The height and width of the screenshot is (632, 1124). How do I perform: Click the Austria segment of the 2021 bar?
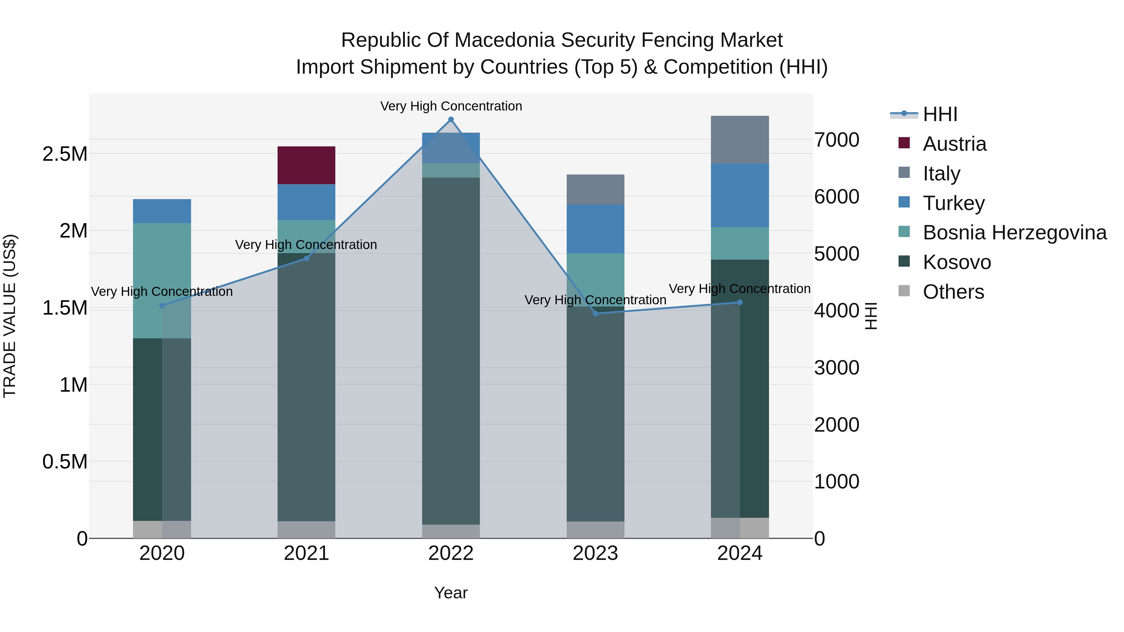pyautogui.click(x=306, y=165)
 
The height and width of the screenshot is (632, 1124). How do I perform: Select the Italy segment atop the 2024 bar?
pyautogui.click(x=740, y=140)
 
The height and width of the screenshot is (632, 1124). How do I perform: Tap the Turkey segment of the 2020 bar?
pyautogui.click(x=162, y=211)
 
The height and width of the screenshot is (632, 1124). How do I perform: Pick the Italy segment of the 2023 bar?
pyautogui.click(x=595, y=189)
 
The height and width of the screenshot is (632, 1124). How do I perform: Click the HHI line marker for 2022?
pyautogui.click(x=451, y=120)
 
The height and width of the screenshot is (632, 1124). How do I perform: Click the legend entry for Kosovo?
pyautogui.click(x=956, y=262)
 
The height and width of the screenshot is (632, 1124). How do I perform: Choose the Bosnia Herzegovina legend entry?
pyautogui.click(x=1014, y=233)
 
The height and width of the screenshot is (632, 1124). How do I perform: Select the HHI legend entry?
pyautogui.click(x=940, y=114)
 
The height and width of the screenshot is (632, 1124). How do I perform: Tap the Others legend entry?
pyautogui.click(x=953, y=292)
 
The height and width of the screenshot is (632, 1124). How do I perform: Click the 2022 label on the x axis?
pyautogui.click(x=451, y=553)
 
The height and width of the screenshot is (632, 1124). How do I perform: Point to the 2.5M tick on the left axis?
pyautogui.click(x=65, y=154)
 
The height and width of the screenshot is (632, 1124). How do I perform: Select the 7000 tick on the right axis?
pyautogui.click(x=836, y=140)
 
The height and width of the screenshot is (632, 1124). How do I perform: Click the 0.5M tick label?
pyautogui.click(x=65, y=462)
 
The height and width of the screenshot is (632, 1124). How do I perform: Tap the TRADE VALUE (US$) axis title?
pyautogui.click(x=10, y=316)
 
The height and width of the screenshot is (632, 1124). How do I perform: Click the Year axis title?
pyautogui.click(x=451, y=593)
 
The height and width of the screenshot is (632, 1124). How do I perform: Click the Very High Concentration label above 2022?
pyautogui.click(x=451, y=106)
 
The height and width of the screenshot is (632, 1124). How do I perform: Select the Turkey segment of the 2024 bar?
pyautogui.click(x=740, y=195)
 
